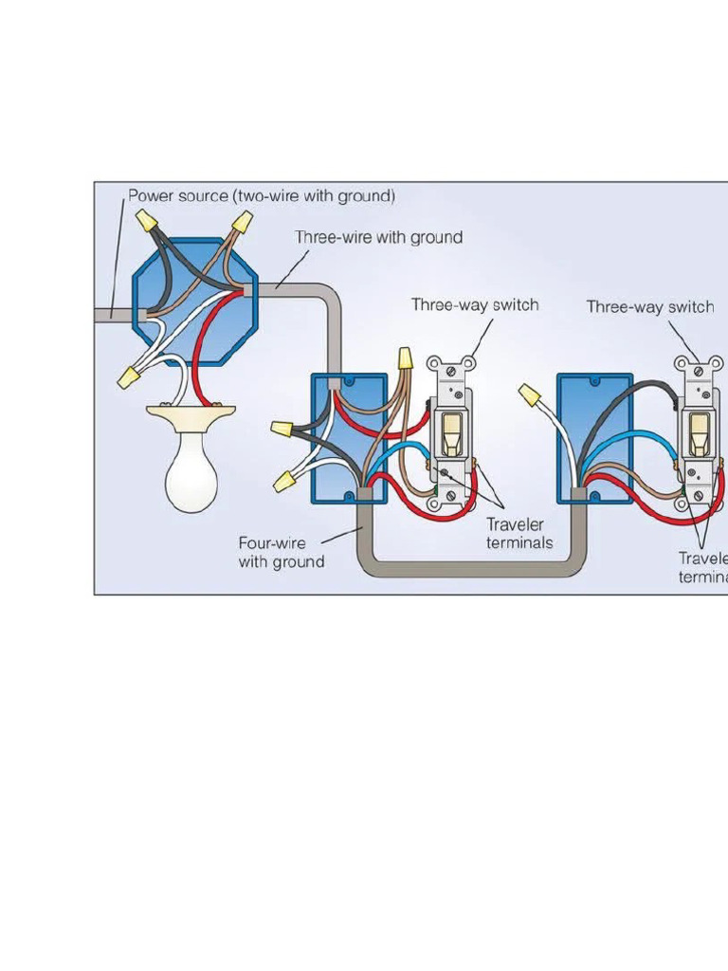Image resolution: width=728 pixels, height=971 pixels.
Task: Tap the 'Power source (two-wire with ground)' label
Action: click(x=262, y=196)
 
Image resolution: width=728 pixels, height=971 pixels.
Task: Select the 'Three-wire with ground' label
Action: click(x=378, y=237)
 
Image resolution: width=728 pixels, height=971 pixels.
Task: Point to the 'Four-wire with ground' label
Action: click(x=281, y=553)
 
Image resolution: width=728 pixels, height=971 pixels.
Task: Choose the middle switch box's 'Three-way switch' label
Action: click(x=474, y=305)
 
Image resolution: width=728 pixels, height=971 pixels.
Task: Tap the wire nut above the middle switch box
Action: click(x=406, y=359)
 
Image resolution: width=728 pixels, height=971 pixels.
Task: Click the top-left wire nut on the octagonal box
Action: click(x=146, y=221)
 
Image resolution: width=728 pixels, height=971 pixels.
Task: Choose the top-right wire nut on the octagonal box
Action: click(x=242, y=224)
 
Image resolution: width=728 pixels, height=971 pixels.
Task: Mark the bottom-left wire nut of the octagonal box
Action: click(x=128, y=378)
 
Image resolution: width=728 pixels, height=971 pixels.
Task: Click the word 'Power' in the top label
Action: click(x=151, y=196)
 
